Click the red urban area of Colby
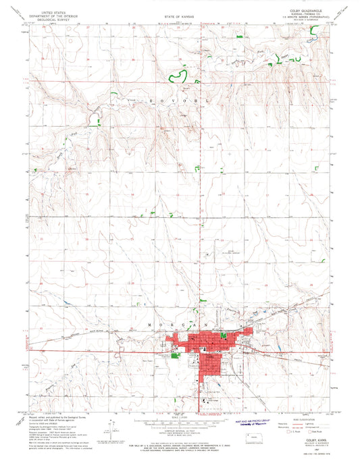(209, 351)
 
